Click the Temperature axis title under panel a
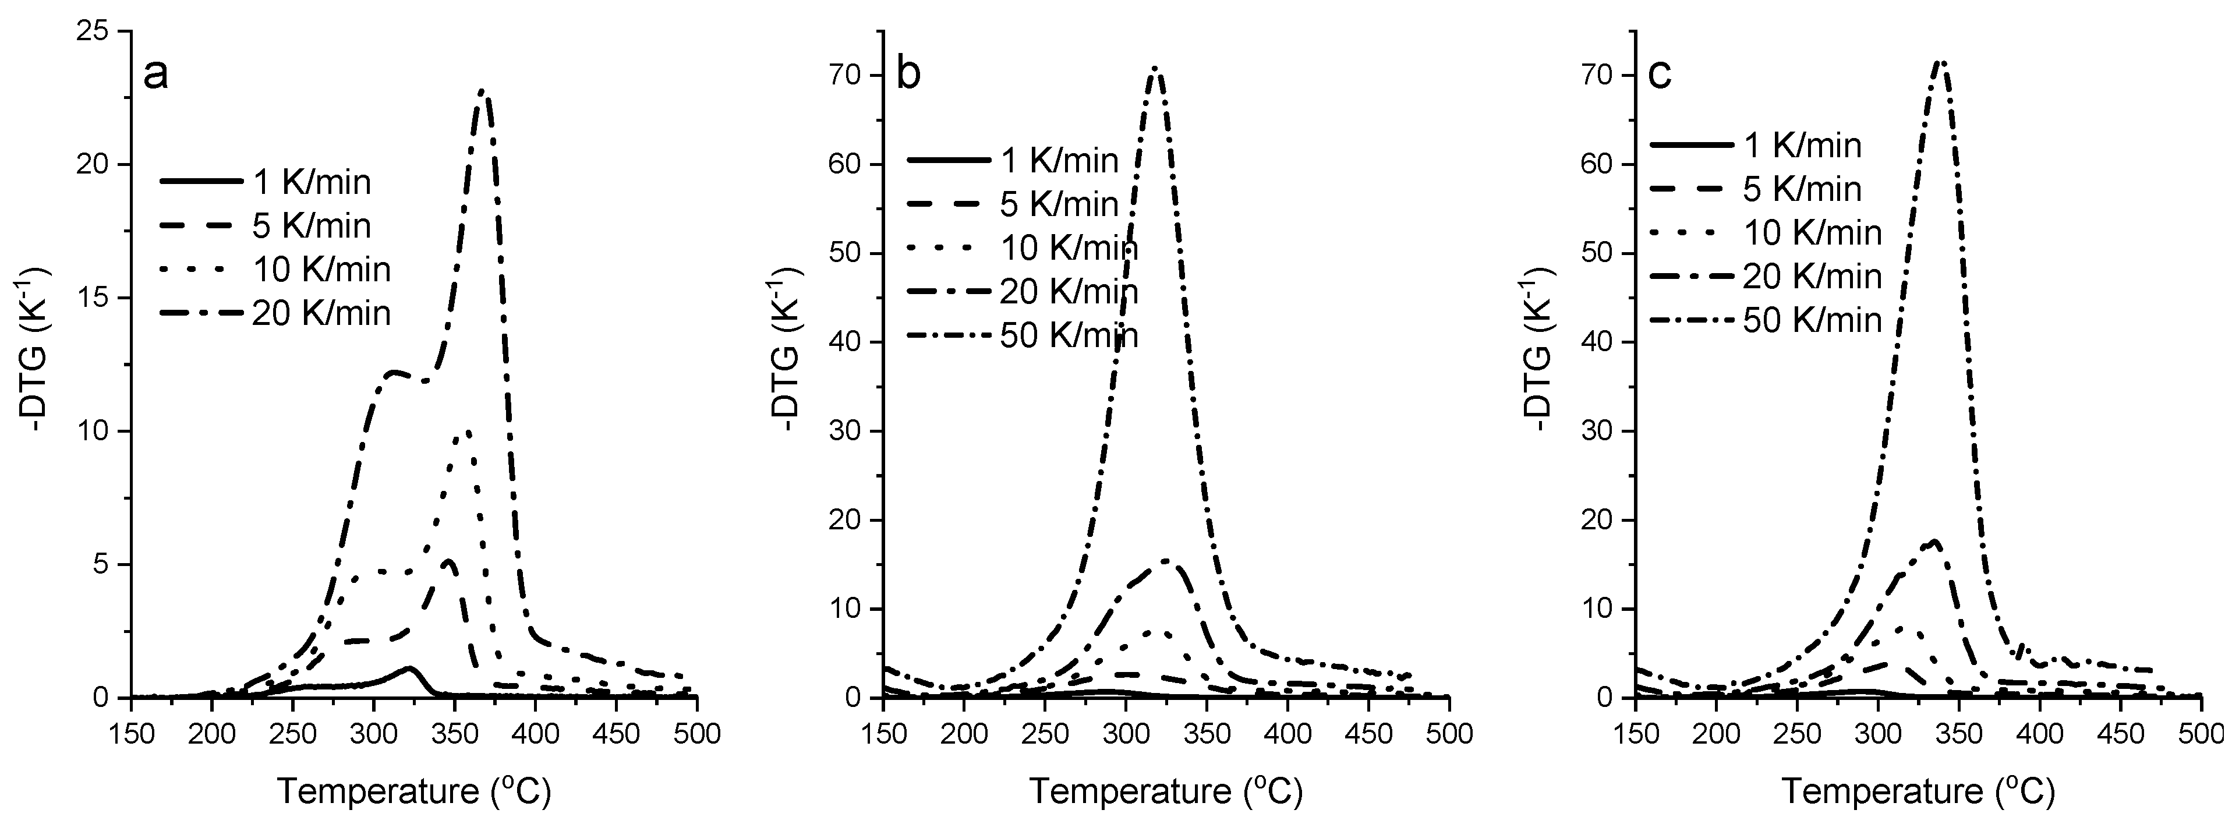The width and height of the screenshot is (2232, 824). [x=413, y=791]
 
